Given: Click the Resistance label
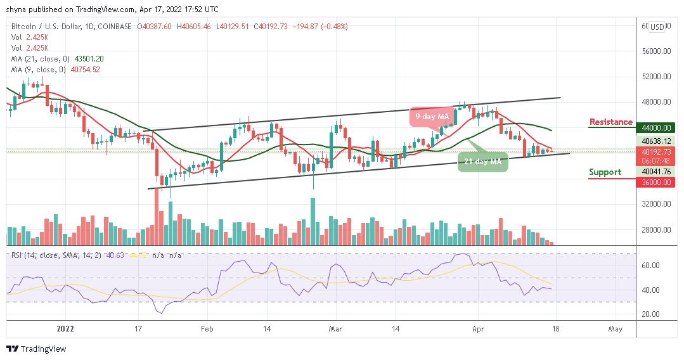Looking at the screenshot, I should click(x=610, y=122).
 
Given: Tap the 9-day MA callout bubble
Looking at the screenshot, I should click(x=433, y=117).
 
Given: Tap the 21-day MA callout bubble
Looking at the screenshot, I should click(x=482, y=162).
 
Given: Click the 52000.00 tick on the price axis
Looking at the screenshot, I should click(x=655, y=77).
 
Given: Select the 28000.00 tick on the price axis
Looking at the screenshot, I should click(x=655, y=230).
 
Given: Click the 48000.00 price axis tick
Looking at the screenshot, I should click(x=655, y=102).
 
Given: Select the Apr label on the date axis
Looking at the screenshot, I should click(x=479, y=329).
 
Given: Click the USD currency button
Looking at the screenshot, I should click(x=657, y=27).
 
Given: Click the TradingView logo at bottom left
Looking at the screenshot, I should click(x=36, y=349).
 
